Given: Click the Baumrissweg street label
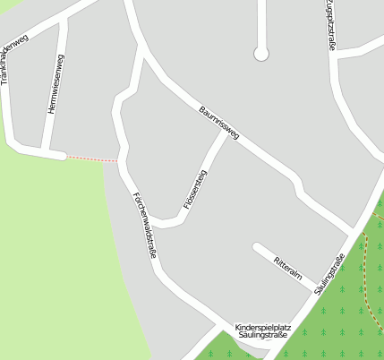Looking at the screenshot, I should [x=219, y=122].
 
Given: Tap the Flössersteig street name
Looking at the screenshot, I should [x=195, y=190].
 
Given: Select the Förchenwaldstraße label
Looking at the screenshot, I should [x=144, y=226].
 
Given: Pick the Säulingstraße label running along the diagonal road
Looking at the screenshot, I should [x=330, y=274].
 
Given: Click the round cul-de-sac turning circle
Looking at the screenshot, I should [x=261, y=54].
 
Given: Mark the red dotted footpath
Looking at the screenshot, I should [x=92, y=159].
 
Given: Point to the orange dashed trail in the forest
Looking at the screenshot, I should [x=367, y=269].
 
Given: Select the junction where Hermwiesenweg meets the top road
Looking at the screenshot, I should [x=63, y=19].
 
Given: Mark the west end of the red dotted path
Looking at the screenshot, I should [x=67, y=157].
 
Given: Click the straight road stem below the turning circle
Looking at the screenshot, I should [x=261, y=22].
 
